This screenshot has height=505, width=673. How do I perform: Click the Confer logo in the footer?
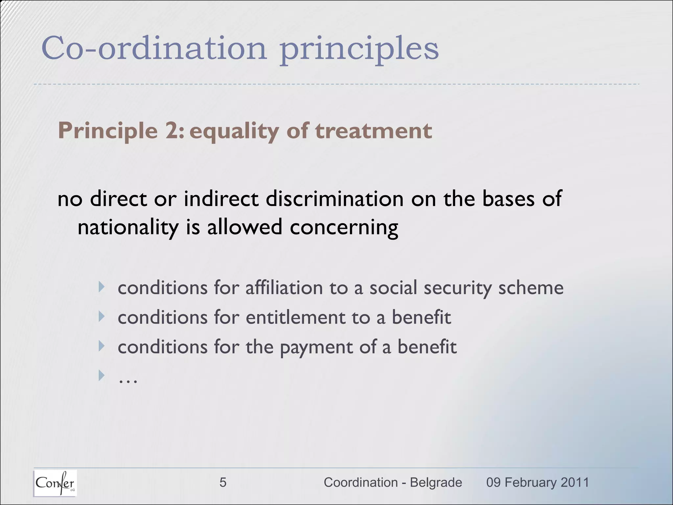(55, 483)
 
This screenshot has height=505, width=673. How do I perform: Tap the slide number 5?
(223, 483)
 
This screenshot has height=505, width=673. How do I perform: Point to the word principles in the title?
(359, 49)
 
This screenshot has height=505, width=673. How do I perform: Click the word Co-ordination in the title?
(154, 48)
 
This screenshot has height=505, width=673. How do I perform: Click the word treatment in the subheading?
(373, 131)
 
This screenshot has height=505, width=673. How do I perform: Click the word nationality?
(128, 228)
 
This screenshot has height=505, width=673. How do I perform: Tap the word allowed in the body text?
(244, 227)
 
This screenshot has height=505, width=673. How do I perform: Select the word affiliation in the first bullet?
(284, 288)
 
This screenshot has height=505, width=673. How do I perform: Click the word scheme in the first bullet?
(531, 288)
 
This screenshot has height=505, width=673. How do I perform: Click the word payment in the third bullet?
(316, 348)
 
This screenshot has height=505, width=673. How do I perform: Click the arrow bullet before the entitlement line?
(102, 317)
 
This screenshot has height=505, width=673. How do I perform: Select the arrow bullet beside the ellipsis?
(102, 375)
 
